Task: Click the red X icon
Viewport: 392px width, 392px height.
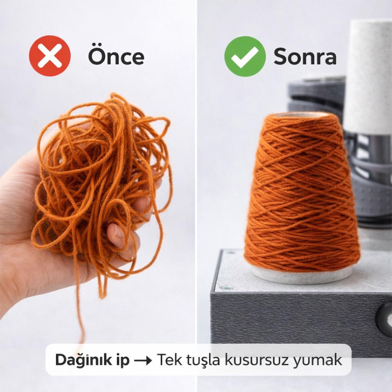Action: pos(50,56)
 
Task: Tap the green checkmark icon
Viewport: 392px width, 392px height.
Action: pos(245,56)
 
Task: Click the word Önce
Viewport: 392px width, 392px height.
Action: pos(116,56)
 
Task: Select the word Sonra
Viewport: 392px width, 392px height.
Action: pos(305,56)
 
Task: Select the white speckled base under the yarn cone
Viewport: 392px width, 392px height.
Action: pos(302,275)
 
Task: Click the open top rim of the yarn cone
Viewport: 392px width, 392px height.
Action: pos(302,114)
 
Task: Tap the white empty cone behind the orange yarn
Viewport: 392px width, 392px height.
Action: pos(367,77)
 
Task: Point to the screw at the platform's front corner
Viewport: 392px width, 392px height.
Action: pos(227,287)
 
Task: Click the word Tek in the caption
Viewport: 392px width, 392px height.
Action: pos(167,360)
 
